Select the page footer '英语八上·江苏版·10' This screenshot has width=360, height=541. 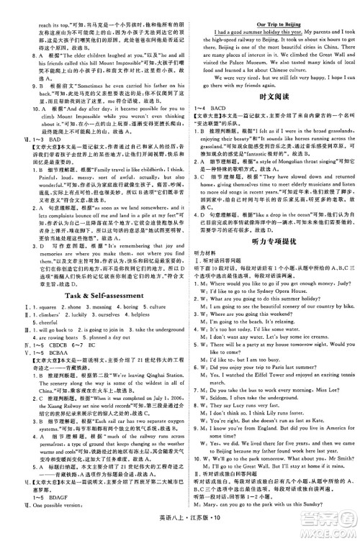[180, 530]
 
